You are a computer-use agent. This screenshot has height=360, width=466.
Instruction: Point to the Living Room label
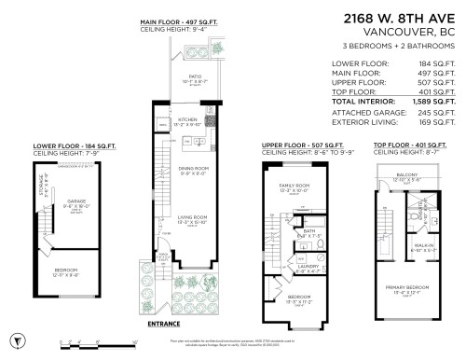coord(190,220)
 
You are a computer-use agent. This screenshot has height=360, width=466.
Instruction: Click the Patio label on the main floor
coord(195,77)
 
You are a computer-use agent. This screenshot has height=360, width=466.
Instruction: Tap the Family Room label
coord(296,186)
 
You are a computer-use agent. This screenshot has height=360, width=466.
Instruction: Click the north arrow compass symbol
coord(13,339)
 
